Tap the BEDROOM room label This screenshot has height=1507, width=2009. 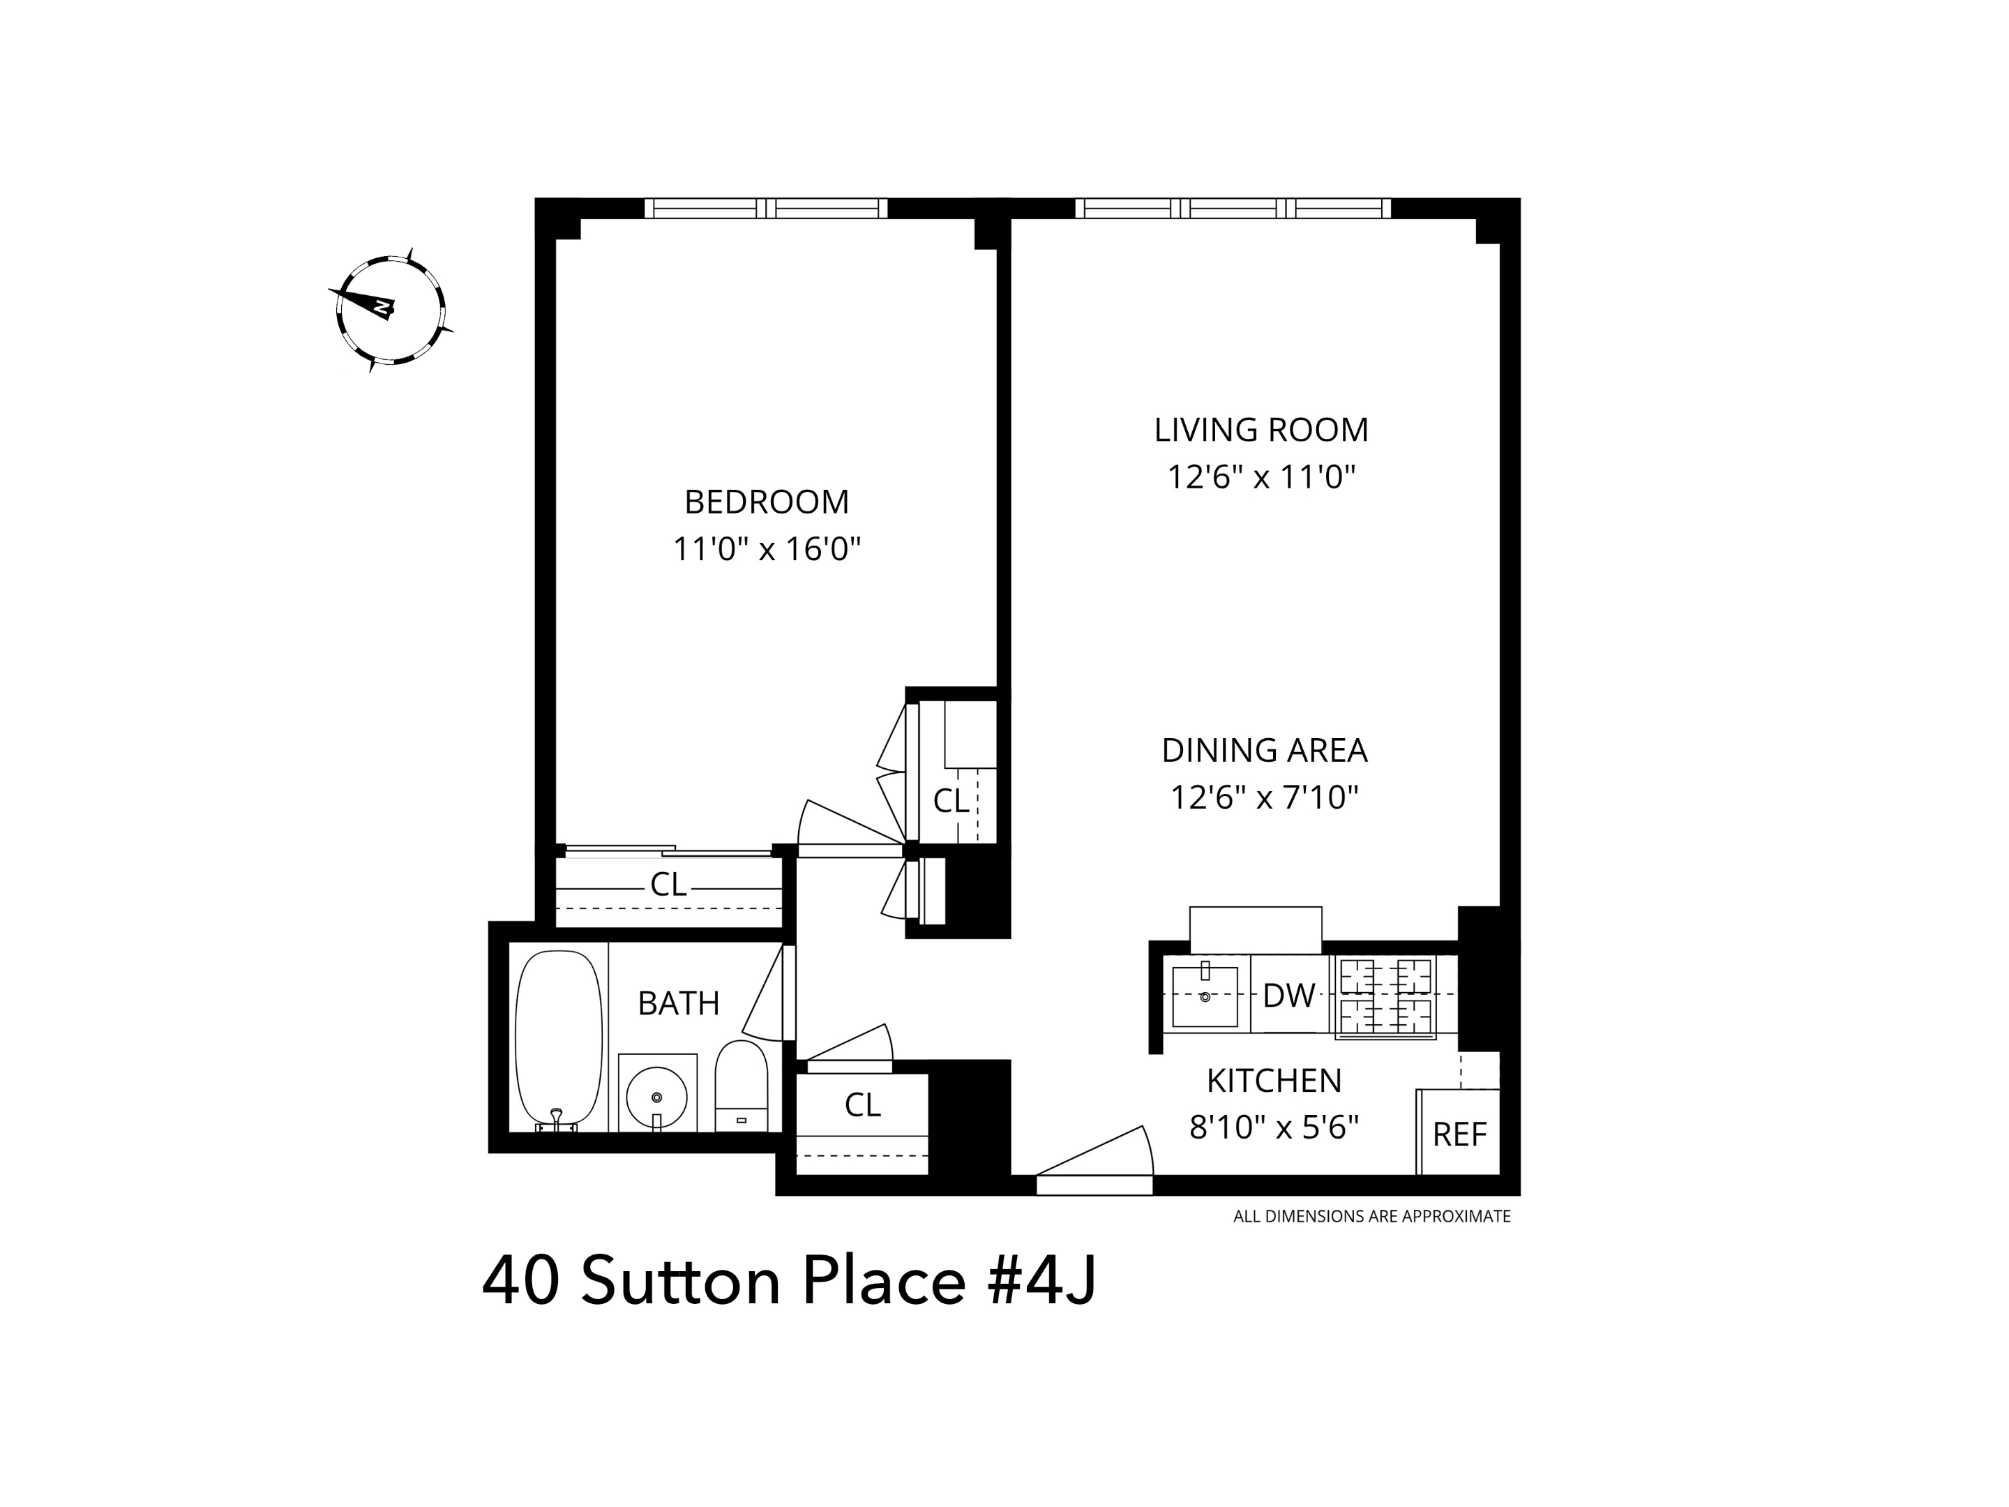(767, 502)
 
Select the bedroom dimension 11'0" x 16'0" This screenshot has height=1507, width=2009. (767, 550)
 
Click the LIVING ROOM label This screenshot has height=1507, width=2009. (1261, 430)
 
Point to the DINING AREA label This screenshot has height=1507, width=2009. (1264, 750)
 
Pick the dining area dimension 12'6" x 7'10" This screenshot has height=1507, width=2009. (1264, 797)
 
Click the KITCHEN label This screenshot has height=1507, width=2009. (1273, 1081)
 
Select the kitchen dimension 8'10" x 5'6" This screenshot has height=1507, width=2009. (1273, 1127)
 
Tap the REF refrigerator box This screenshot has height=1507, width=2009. (1459, 1134)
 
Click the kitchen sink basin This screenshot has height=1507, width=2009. (1205, 996)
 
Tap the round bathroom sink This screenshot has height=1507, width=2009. (656, 1097)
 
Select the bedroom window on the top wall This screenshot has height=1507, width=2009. (766, 208)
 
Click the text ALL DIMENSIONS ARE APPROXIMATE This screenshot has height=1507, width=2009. (1371, 1216)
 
